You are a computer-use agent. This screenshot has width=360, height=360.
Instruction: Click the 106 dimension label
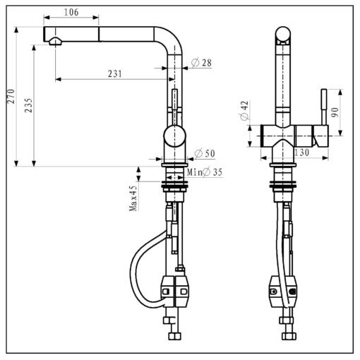pyautogui.click(x=71, y=12)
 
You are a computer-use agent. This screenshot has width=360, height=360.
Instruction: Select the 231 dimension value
pyautogui.click(x=115, y=74)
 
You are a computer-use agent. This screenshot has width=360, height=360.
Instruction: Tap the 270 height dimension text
pyautogui.click(x=11, y=96)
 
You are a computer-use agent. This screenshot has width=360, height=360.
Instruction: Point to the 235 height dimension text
pyautogui.click(x=28, y=105)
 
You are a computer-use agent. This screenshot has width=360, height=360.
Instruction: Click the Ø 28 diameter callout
pyautogui.click(x=201, y=63)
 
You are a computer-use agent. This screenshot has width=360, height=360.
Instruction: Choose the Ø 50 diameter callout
pyautogui.click(x=205, y=153)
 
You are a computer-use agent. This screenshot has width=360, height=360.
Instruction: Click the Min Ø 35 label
pyautogui.click(x=205, y=172)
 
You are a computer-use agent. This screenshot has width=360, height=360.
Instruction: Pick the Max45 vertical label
pyautogui.click(x=133, y=198)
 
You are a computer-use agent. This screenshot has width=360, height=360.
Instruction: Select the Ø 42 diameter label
pyautogui.click(x=244, y=111)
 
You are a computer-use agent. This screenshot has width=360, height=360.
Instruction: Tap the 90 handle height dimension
pyautogui.click(x=335, y=112)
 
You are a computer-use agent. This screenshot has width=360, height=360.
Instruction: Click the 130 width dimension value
pyautogui.click(x=301, y=152)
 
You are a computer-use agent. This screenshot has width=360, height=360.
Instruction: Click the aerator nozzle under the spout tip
pyautogui.click(x=56, y=42)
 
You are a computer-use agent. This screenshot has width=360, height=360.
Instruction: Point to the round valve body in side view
pyautogui.click(x=175, y=136)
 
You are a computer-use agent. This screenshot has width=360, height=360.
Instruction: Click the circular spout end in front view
pyautogui.click(x=283, y=33)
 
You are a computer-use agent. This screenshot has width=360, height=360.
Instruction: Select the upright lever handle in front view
pyautogui.click(x=324, y=107)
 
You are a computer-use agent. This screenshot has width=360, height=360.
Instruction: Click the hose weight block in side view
pyautogui.click(x=175, y=292)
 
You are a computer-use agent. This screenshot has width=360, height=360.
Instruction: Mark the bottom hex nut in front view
pyautogui.click(x=289, y=336)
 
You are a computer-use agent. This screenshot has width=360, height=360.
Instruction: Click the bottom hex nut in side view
pyautogui.click(x=175, y=336)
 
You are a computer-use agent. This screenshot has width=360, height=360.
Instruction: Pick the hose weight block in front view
pyautogui.click(x=282, y=292)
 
